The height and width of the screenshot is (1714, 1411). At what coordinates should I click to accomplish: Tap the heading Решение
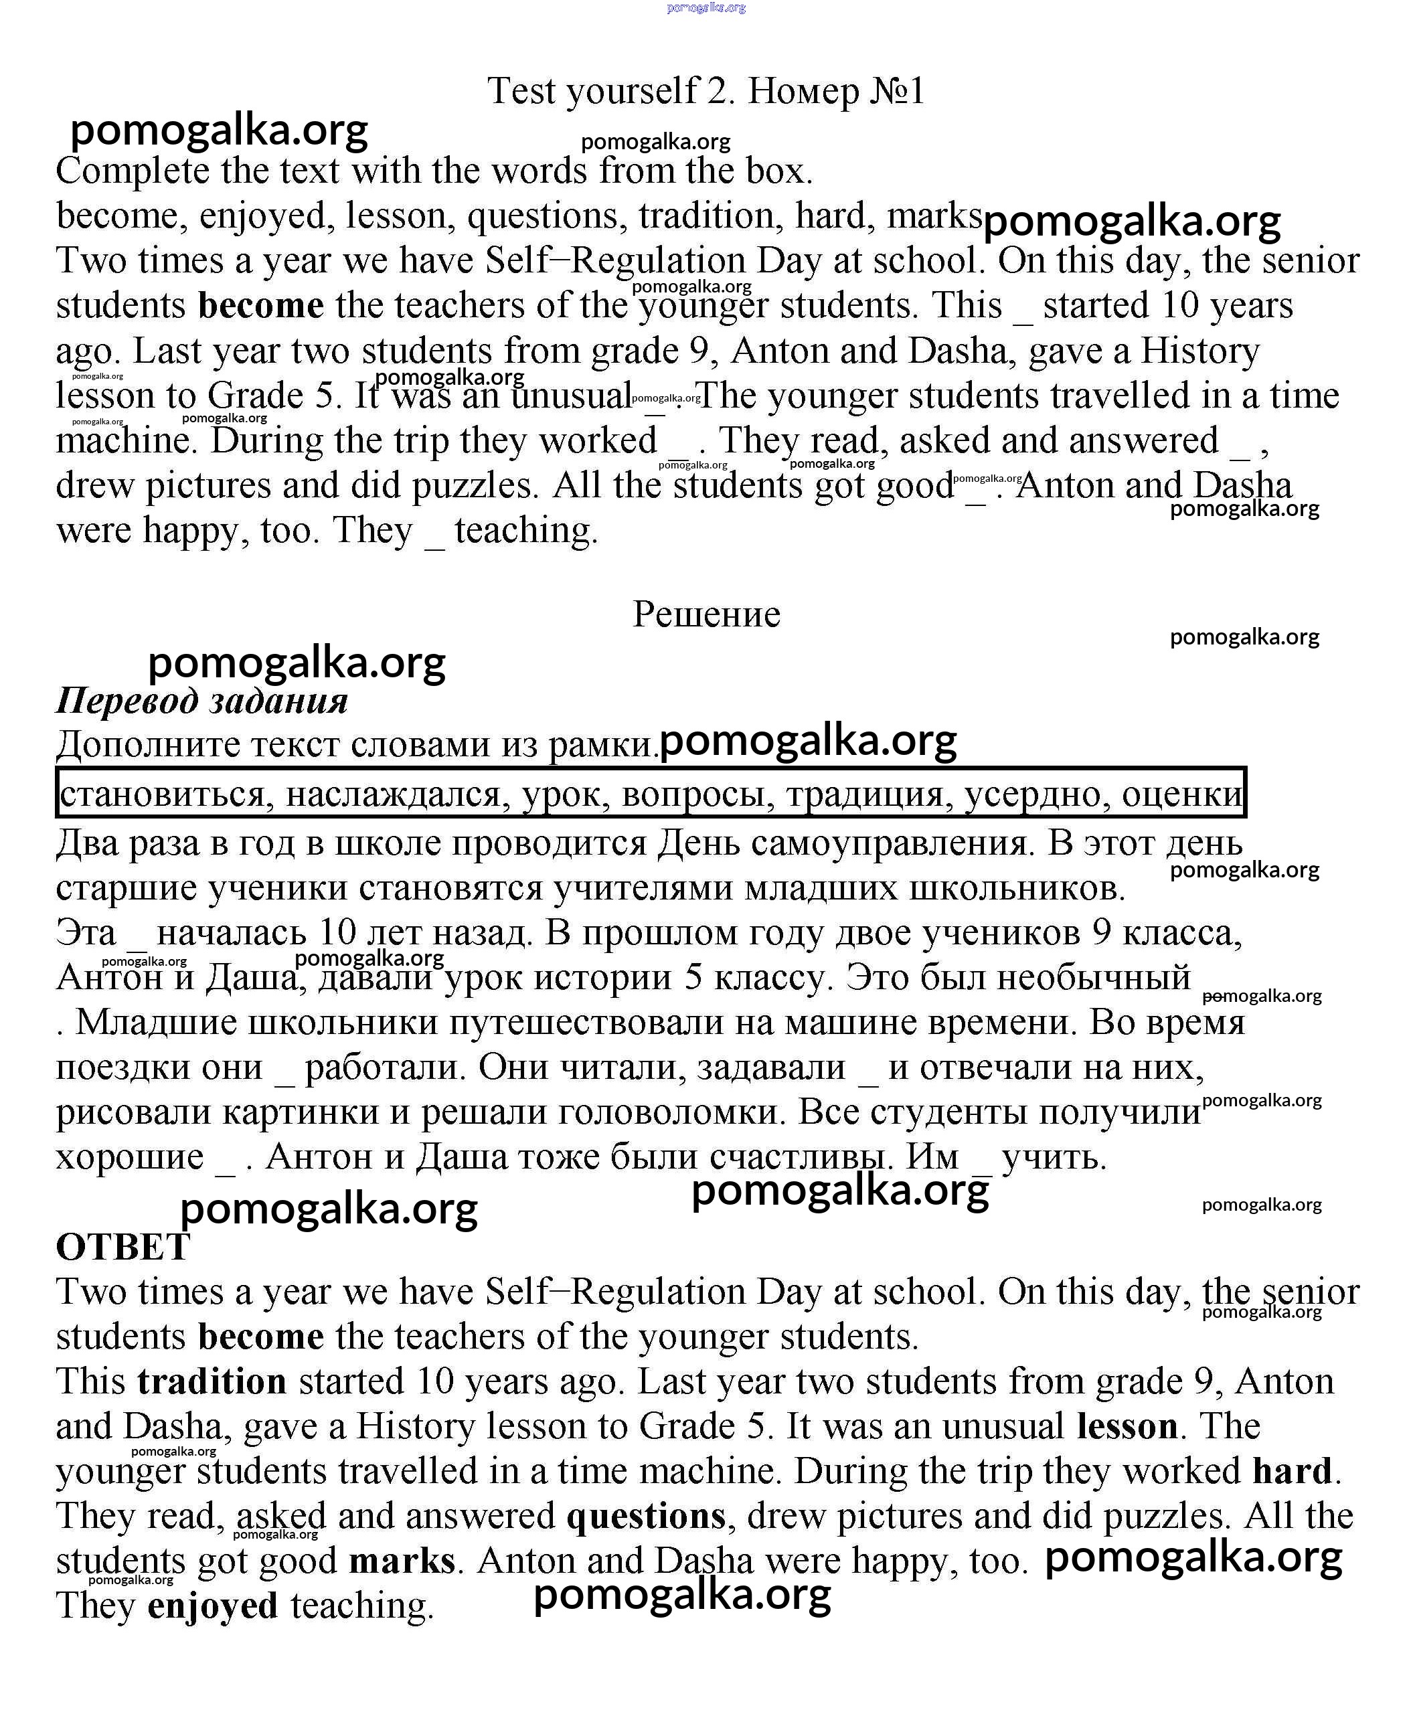tap(706, 614)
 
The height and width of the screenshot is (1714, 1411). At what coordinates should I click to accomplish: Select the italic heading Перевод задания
tap(201, 700)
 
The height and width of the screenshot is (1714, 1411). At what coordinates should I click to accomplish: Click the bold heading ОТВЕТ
tap(122, 1247)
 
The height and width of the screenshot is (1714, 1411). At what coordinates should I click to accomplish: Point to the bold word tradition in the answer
tap(212, 1381)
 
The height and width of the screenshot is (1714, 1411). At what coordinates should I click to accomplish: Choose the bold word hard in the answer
tap(1293, 1471)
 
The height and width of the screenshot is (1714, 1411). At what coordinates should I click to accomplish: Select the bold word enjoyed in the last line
tap(213, 1606)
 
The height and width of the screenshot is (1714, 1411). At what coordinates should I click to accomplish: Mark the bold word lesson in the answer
tap(1127, 1426)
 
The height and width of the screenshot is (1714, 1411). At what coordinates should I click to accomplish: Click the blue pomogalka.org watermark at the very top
tap(705, 7)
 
